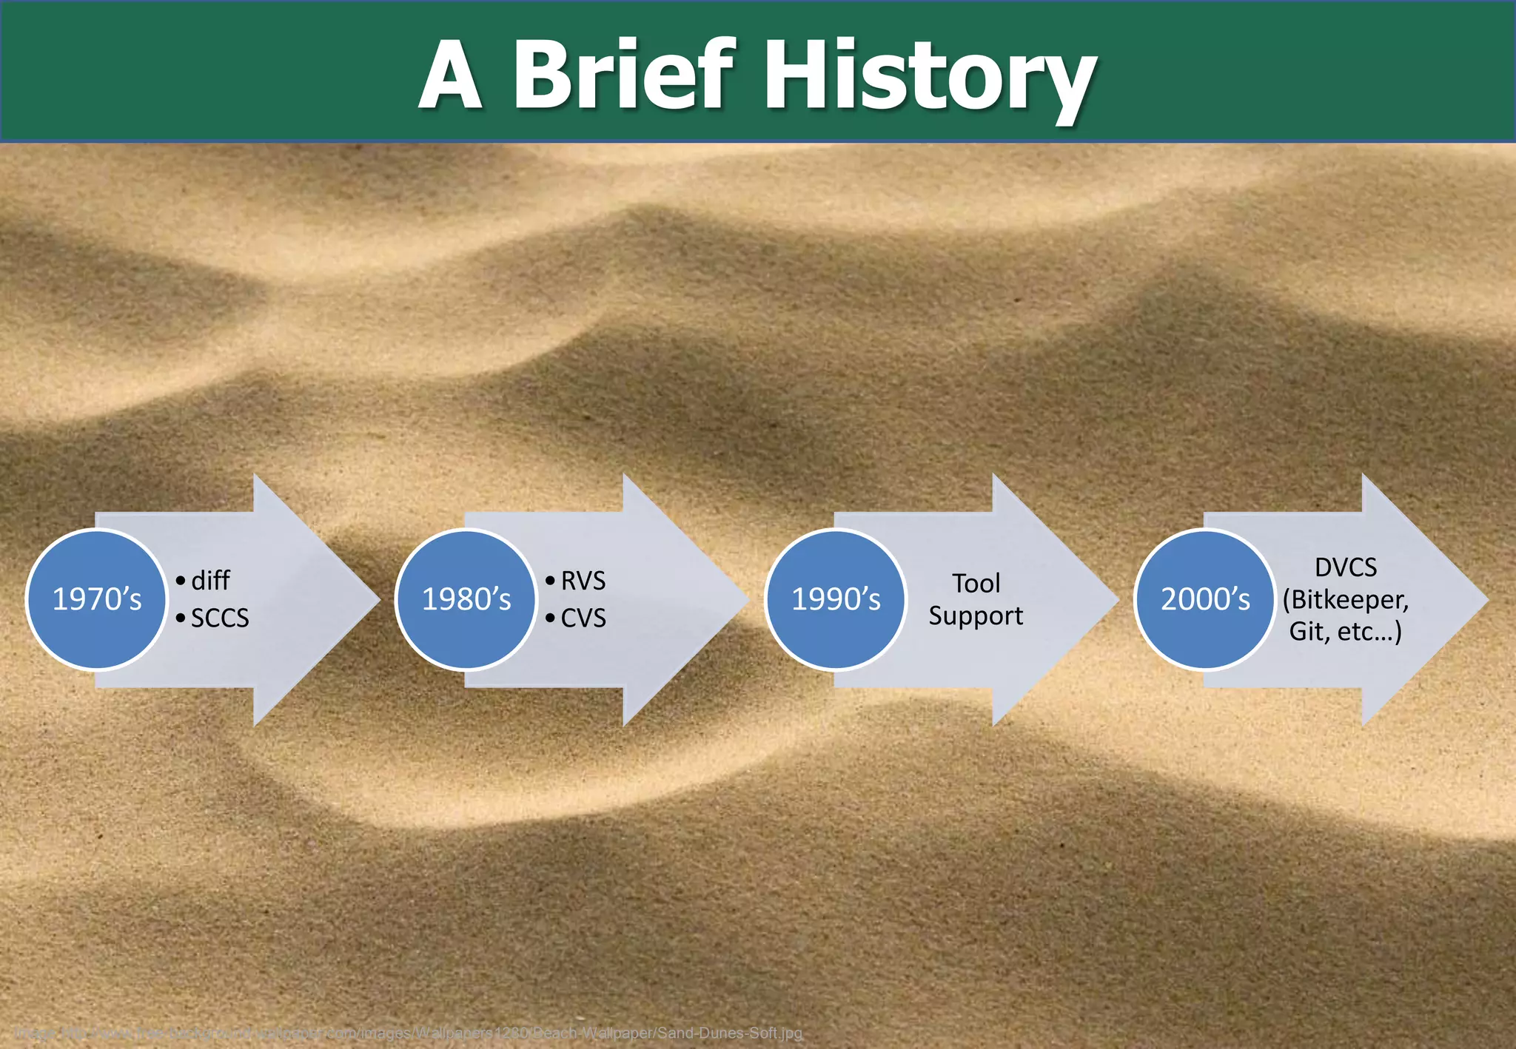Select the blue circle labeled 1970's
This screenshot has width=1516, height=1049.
click(x=97, y=599)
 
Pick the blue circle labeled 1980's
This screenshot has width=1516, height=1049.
click(x=466, y=599)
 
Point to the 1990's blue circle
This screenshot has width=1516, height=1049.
click(x=836, y=599)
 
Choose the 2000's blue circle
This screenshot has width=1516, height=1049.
click(x=1205, y=599)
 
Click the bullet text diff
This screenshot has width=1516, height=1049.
click(x=210, y=581)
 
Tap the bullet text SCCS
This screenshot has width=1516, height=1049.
click(x=220, y=618)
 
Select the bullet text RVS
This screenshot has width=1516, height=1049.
click(x=583, y=581)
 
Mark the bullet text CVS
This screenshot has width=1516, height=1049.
click(x=583, y=618)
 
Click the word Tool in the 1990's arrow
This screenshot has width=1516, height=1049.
click(x=976, y=584)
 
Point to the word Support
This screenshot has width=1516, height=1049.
click(x=976, y=616)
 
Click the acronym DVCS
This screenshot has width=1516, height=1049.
click(x=1345, y=567)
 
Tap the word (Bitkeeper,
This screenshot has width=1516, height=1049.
click(x=1345, y=600)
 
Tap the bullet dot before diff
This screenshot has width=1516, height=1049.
click(x=181, y=581)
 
